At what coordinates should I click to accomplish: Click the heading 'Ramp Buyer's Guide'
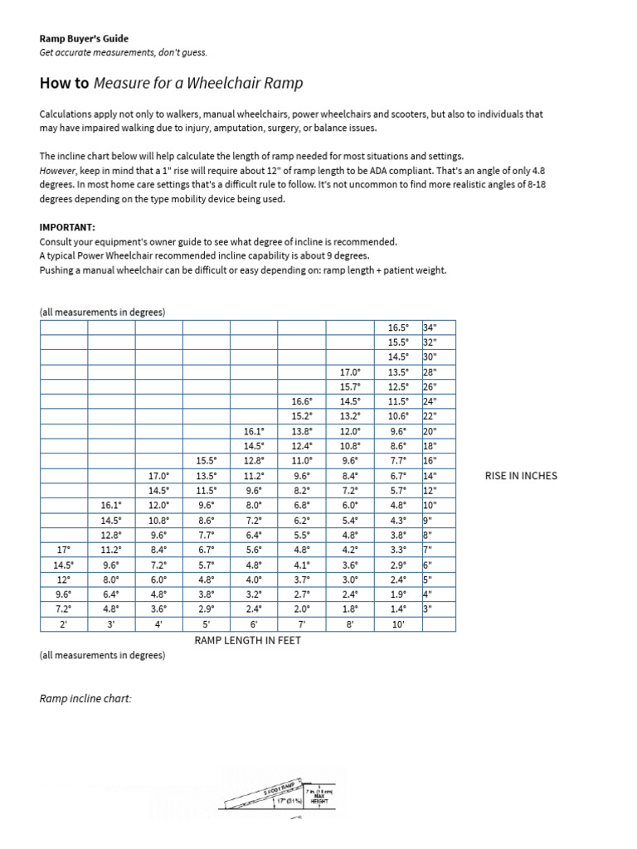pos(84,38)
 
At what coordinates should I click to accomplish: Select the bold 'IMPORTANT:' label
pos(67,226)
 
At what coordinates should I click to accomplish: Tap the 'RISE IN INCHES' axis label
pos(521,476)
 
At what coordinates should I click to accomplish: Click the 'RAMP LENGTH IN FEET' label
pos(247,640)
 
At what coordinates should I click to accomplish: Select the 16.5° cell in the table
pos(398,327)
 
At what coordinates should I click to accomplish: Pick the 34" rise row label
pos(430,327)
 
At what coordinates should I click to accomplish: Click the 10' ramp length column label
pos(398,625)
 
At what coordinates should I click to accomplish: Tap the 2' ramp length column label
pos(63,625)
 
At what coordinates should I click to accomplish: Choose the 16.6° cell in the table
pos(302,402)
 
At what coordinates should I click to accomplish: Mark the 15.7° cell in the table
pos(350,387)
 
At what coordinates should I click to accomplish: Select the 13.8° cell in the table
pos(302,432)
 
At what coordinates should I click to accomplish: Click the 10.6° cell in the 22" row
pos(398,417)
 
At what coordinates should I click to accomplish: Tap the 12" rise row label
pos(430,491)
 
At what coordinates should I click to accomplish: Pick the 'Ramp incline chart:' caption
pos(85,699)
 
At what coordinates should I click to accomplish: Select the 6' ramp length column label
pos(254,625)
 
